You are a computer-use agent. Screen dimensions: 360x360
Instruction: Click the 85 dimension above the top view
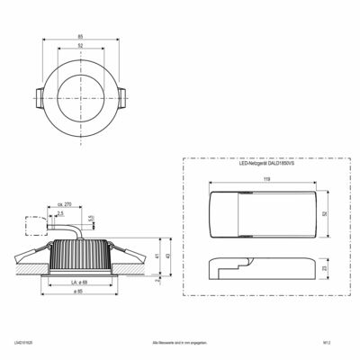tap(81, 37)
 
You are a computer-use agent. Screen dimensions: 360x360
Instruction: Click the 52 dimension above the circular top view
tap(81, 47)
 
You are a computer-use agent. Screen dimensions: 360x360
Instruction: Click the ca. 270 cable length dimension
tap(65, 205)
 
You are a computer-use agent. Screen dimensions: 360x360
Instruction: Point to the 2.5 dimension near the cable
tap(60, 215)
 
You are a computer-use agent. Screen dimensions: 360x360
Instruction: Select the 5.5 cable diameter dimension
tap(93, 218)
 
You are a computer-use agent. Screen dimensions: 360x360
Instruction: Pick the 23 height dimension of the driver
tap(325, 267)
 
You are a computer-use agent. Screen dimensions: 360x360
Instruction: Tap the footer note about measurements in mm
tap(179, 344)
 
